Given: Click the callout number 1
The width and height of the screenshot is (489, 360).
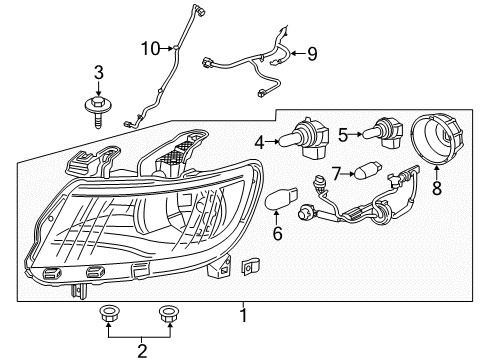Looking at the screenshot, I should (x=241, y=315).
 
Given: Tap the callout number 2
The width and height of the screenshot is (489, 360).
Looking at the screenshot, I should (x=141, y=349).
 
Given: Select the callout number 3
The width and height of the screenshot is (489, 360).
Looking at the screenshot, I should (x=99, y=72).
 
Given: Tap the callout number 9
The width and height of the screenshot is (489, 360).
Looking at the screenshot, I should (x=312, y=54).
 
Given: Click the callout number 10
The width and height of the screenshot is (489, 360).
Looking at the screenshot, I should (x=150, y=47).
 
